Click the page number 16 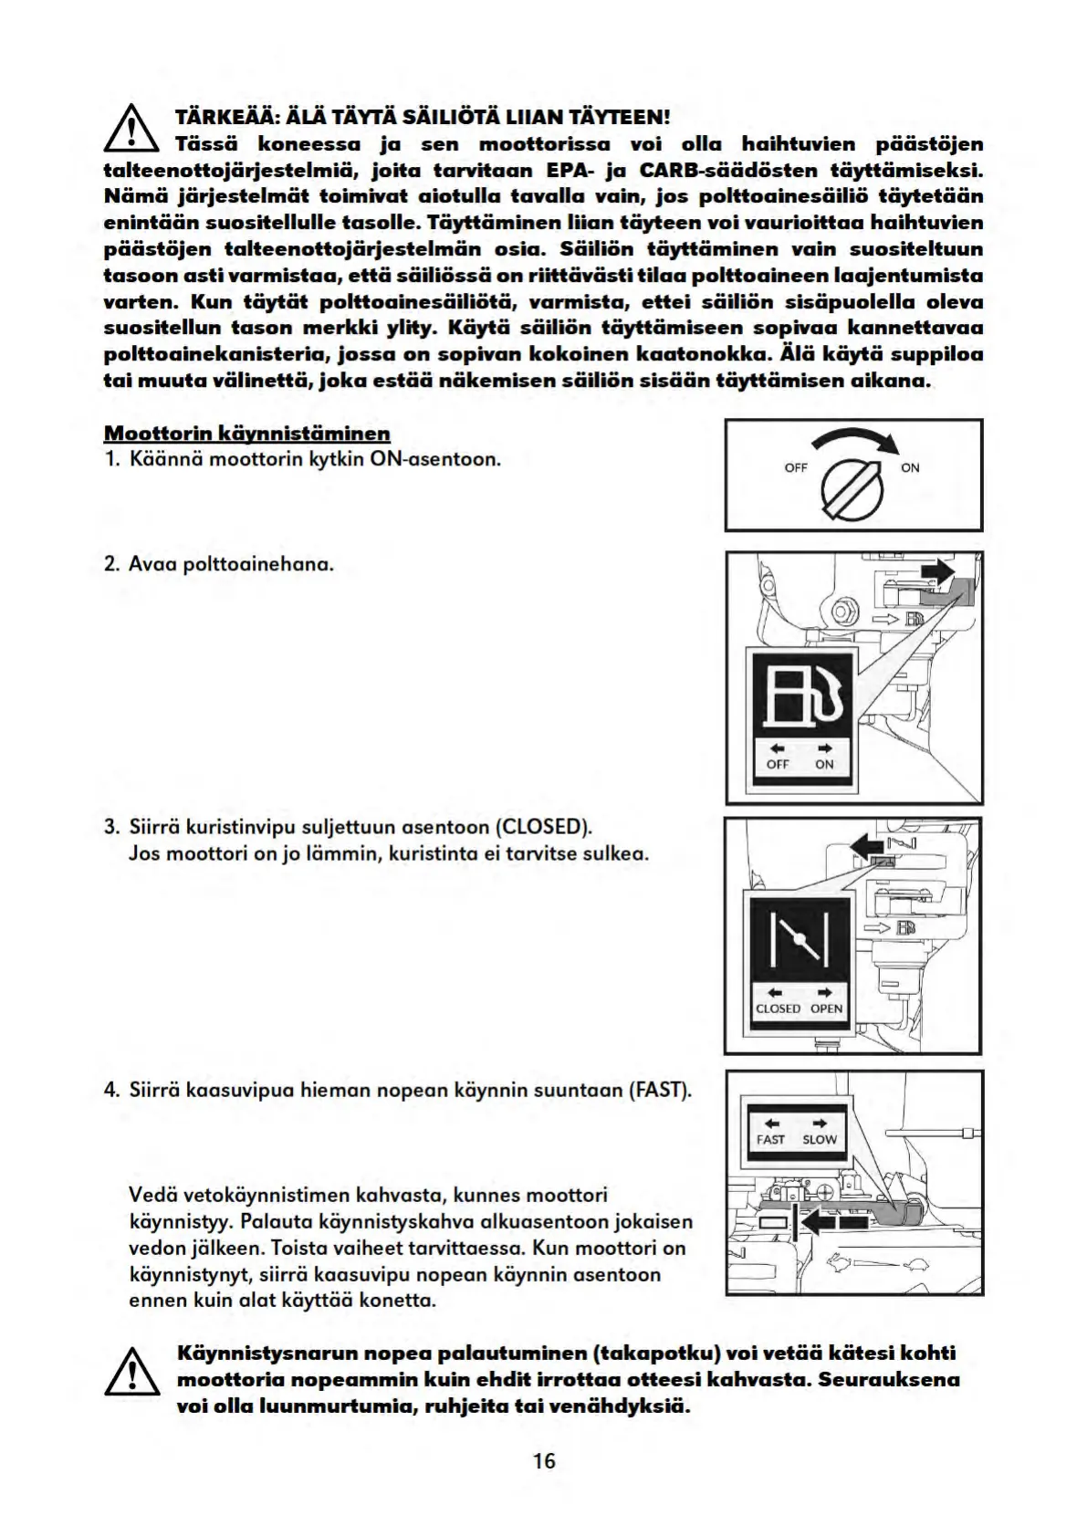coord(544,1461)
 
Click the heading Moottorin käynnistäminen coord(247,433)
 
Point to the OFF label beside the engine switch coord(796,468)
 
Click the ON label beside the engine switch coord(910,468)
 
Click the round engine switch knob coord(852,483)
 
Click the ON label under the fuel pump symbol coord(824,765)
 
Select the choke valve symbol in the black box coord(800,940)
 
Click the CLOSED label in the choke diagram coord(778,1009)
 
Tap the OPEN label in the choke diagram coord(826,1009)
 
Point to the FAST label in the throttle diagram coord(770,1140)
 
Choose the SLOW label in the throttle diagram coord(820,1140)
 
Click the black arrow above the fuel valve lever coord(937,572)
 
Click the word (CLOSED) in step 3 coord(543,828)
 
